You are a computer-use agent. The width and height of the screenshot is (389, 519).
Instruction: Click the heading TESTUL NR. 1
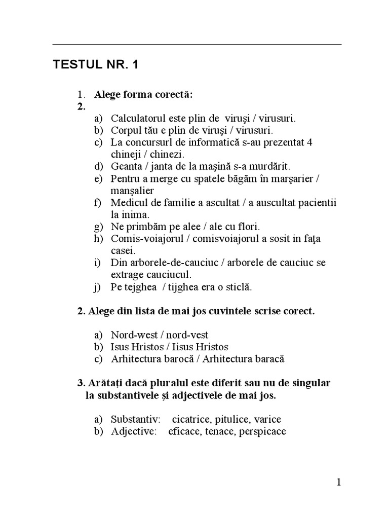pos(95,65)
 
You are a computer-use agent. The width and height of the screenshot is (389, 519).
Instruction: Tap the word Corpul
pos(125,130)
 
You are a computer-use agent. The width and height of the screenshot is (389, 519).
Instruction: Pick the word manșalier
pos(132,191)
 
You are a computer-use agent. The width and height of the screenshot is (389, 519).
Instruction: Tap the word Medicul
pos(128,203)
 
